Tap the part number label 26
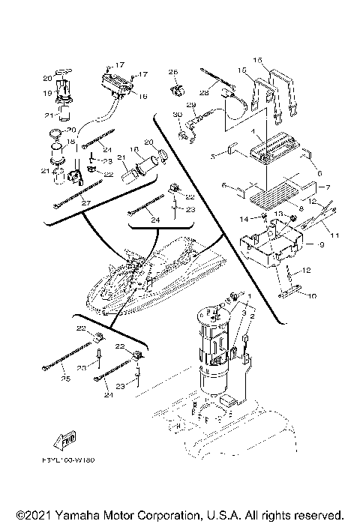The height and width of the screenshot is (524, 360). [174, 73]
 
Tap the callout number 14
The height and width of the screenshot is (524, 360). [244, 218]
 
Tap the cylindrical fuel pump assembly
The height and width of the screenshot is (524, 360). [217, 352]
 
